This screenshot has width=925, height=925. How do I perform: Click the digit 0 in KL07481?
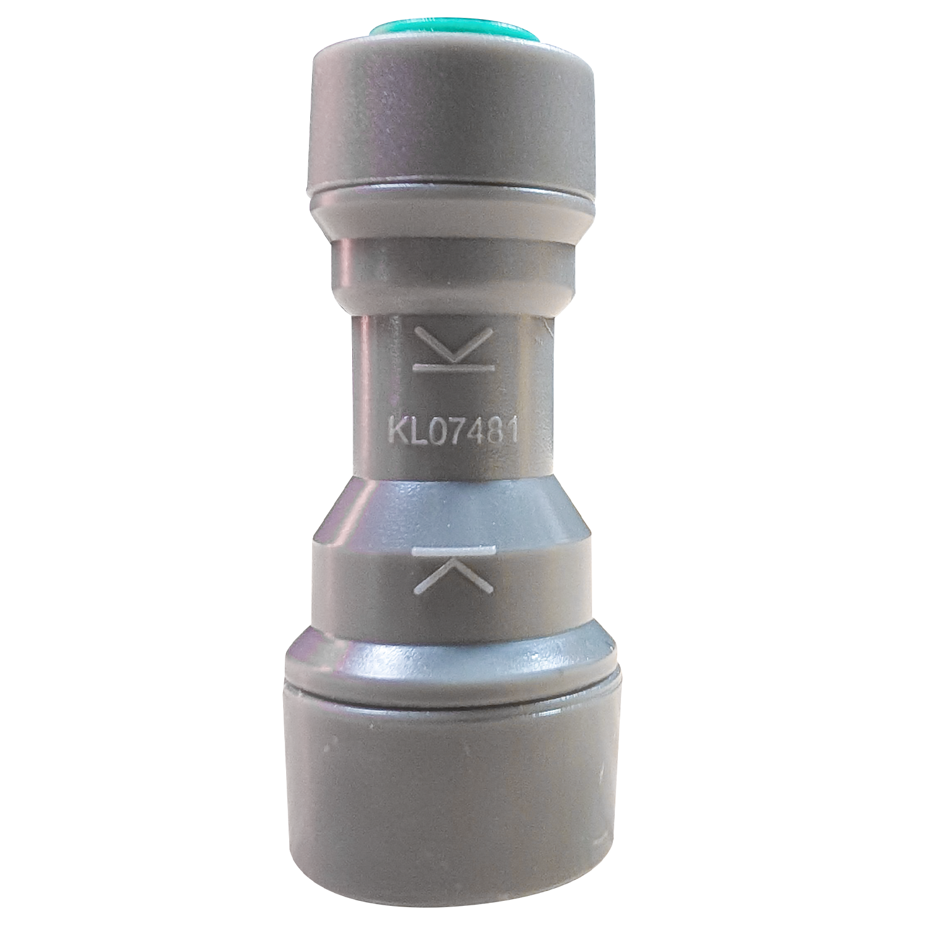click(429, 430)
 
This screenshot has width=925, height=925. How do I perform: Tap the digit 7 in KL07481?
click(449, 430)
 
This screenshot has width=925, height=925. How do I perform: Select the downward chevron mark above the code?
click(454, 345)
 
